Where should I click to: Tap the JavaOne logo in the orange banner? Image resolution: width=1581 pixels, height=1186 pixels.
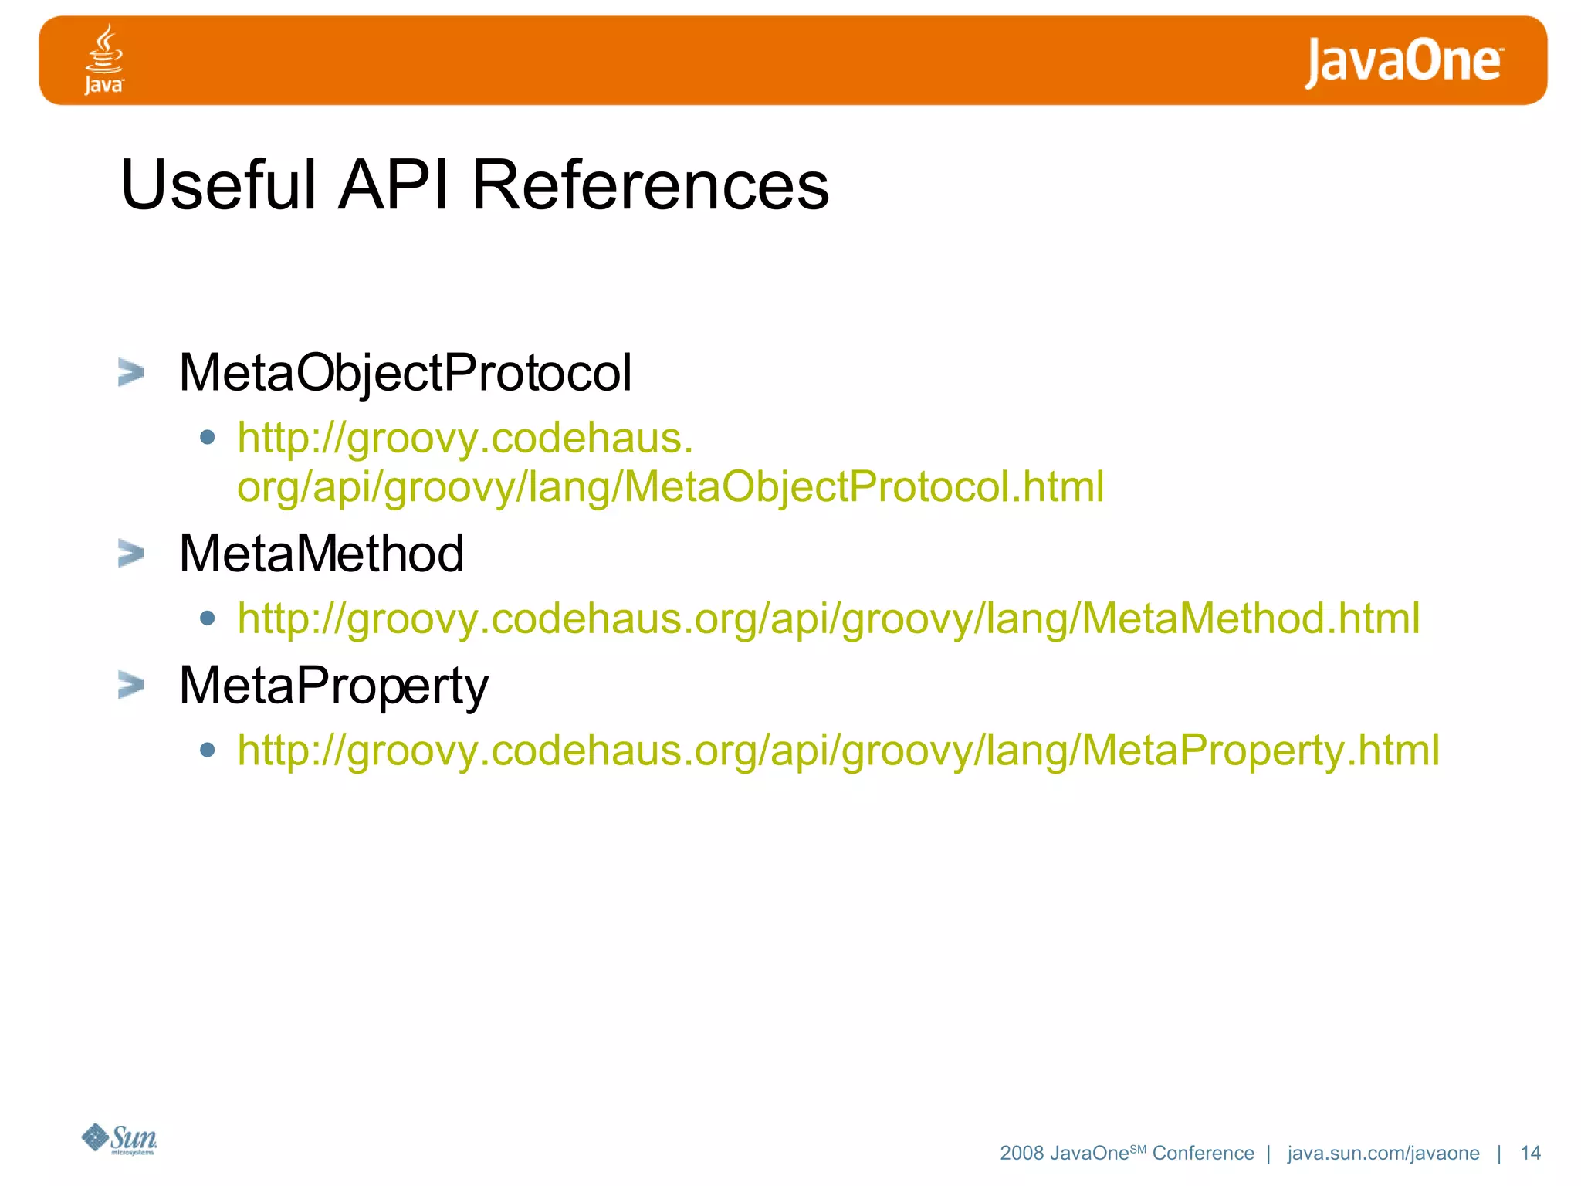coord(1403,62)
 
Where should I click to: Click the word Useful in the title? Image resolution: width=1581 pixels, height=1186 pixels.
coord(218,185)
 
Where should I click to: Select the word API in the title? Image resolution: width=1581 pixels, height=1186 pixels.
coord(394,185)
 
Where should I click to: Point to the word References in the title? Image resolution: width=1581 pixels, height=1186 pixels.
coord(650,185)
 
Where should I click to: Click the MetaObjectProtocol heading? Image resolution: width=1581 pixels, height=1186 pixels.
coord(405,374)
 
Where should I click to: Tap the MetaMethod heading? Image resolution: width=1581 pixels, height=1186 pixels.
coord(321,554)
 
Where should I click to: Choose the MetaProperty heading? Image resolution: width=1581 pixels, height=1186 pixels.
coord(333,686)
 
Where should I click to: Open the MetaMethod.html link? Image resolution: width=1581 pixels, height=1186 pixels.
coord(828,618)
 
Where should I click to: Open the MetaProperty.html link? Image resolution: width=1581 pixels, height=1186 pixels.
coord(838,750)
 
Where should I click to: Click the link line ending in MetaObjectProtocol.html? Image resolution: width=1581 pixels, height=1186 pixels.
coord(670,487)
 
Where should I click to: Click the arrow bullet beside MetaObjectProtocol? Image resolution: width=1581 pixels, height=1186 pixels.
coord(131,372)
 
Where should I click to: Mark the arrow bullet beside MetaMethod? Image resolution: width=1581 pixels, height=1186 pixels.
coord(131,553)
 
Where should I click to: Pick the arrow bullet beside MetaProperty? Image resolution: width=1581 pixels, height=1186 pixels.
coord(131,684)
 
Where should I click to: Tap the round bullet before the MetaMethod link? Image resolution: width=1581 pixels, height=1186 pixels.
coord(207,618)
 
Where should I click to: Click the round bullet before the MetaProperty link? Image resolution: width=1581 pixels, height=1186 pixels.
coord(207,749)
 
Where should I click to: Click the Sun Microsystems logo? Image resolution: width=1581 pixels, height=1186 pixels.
coord(120,1139)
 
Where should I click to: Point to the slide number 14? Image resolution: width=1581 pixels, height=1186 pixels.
coord(1530,1153)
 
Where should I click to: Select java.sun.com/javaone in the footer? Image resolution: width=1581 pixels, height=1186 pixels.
coord(1383,1153)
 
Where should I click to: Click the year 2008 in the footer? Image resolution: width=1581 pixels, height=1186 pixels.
coord(1021,1153)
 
